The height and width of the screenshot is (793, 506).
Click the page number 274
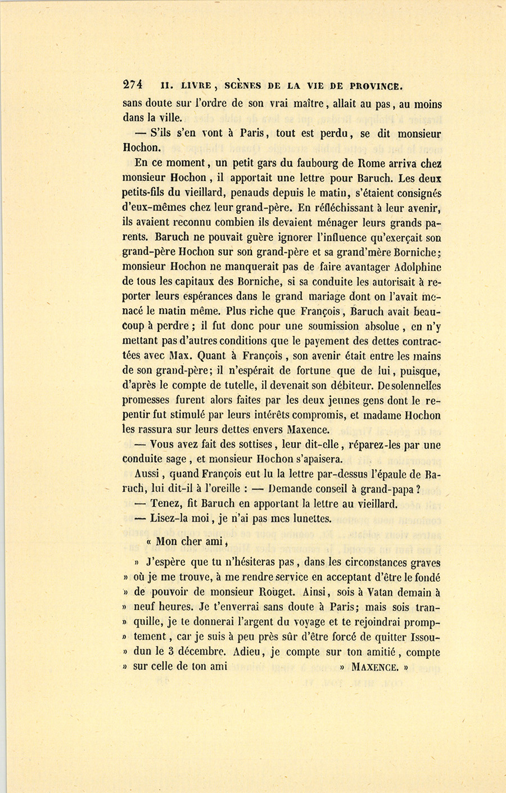133,85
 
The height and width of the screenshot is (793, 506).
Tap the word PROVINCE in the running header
376,86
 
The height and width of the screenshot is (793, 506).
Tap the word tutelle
228,386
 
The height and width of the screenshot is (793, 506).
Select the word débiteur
347,386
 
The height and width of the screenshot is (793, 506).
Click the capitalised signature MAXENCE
374,668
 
